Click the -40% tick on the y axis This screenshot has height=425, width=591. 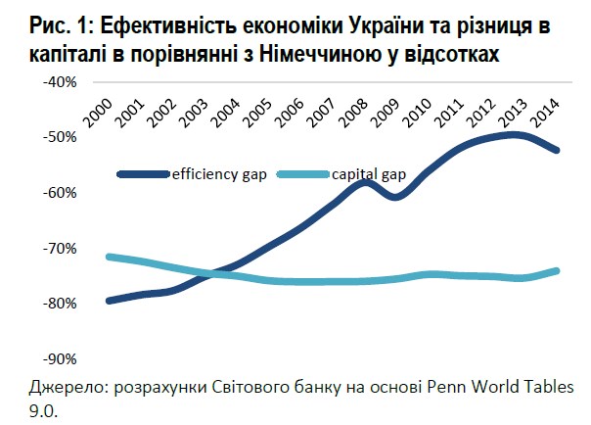click(61, 81)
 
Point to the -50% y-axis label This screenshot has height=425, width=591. click(61, 136)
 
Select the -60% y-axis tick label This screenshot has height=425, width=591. click(61, 192)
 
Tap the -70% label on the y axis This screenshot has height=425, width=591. click(61, 248)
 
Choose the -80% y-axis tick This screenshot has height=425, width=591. click(61, 303)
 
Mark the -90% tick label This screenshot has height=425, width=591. click(61, 358)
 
